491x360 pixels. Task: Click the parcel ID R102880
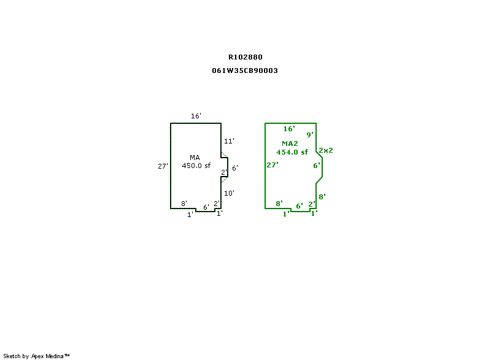[x=245, y=57]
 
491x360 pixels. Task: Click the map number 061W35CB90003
[x=245, y=71]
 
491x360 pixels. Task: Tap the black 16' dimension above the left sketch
[x=196, y=116]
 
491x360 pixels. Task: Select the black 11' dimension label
[x=229, y=140]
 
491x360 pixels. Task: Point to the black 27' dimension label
[x=163, y=166]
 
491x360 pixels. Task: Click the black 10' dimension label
[x=229, y=193]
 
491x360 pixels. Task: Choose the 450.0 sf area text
[x=196, y=166]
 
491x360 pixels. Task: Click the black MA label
[x=195, y=158]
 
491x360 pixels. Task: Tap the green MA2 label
[x=290, y=144]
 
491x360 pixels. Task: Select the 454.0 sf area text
[x=292, y=152]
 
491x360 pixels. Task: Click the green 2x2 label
[x=326, y=150]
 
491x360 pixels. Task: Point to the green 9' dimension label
[x=310, y=134]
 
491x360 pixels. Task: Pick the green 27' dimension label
[x=273, y=165]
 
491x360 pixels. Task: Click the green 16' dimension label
[x=289, y=129]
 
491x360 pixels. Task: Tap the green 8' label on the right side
[x=322, y=197]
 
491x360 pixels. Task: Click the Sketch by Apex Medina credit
[x=36, y=356]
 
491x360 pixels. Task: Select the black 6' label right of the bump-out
[x=234, y=168]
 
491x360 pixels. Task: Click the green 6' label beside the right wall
[x=317, y=166]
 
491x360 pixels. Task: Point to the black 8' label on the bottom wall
[x=184, y=204]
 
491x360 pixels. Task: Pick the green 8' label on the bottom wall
[x=279, y=204]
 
